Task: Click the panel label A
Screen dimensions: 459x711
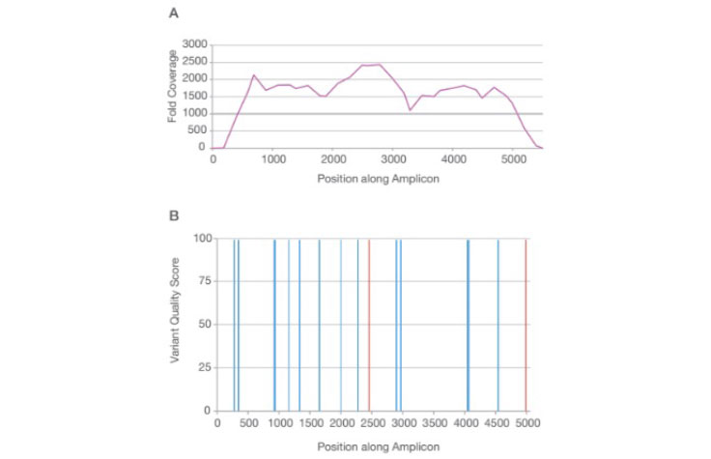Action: click(173, 14)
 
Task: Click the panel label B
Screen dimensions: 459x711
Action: click(173, 215)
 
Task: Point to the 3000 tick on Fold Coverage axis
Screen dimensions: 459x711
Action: click(194, 44)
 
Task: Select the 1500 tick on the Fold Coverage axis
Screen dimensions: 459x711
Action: click(194, 96)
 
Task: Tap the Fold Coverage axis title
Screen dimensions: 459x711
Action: click(172, 95)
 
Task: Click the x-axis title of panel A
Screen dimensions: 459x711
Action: click(377, 179)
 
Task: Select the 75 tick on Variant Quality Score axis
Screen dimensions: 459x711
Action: click(204, 281)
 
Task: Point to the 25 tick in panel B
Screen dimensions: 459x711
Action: click(204, 367)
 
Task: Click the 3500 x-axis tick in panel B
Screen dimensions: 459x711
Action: click(435, 421)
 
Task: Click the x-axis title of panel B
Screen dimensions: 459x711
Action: click(377, 446)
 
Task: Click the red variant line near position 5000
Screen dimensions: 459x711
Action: click(526, 325)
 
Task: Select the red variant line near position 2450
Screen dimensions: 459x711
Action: click(369, 325)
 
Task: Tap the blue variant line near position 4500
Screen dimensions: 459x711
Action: click(498, 325)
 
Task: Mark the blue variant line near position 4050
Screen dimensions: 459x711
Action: click(468, 325)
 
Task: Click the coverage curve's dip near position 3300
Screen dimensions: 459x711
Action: click(411, 110)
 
